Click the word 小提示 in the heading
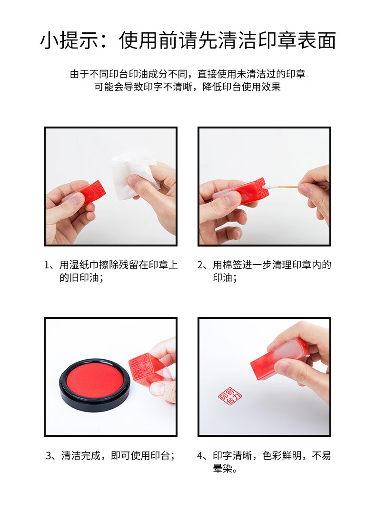point(69,40)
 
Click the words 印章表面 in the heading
point(297,40)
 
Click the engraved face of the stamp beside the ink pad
point(141,367)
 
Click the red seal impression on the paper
point(230,396)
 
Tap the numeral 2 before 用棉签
point(200,265)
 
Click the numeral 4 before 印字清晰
point(200,456)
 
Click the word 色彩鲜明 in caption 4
point(282,456)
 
